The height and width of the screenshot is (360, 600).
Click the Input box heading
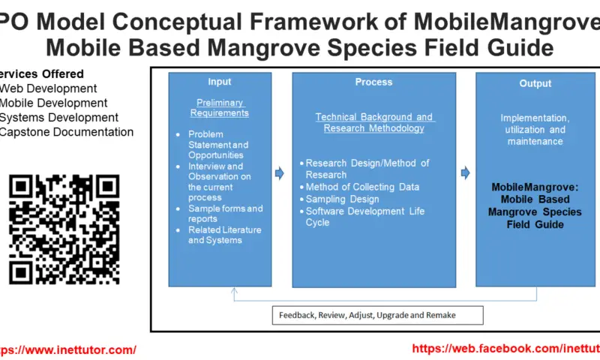click(x=219, y=82)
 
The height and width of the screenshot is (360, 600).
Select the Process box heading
click(x=373, y=82)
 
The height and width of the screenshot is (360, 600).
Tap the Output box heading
click(x=535, y=83)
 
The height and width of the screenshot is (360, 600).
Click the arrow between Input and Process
click(x=280, y=174)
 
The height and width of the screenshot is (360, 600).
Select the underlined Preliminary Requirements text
click(x=219, y=107)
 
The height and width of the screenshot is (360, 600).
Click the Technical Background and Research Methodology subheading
click(x=373, y=122)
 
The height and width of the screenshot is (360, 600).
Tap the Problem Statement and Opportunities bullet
click(x=218, y=145)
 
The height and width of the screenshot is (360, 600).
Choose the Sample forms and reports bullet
click(x=225, y=214)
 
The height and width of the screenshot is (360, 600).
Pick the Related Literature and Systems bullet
click(x=215, y=235)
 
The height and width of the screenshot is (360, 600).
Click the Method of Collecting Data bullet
click(x=362, y=187)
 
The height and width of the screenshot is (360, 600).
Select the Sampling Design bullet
click(x=342, y=199)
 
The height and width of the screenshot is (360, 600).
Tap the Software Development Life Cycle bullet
click(x=364, y=217)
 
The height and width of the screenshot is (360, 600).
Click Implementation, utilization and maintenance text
click(x=535, y=130)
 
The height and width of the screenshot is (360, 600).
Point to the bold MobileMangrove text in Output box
click(x=535, y=205)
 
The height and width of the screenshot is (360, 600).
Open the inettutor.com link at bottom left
click(x=67, y=349)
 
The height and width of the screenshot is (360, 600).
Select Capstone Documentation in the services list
click(x=67, y=132)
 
